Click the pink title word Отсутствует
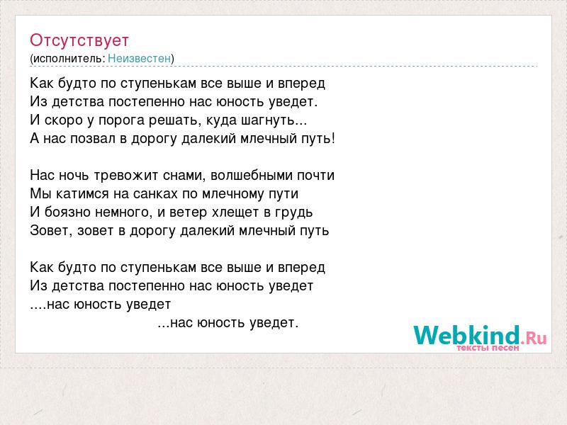79,40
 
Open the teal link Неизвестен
139,58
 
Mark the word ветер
188,212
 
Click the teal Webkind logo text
466,335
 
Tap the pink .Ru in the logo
534,339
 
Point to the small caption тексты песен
488,348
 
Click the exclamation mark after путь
332,138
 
